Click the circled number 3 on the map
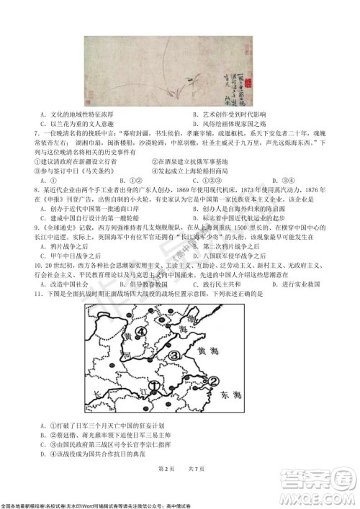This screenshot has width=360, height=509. click(174, 354)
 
